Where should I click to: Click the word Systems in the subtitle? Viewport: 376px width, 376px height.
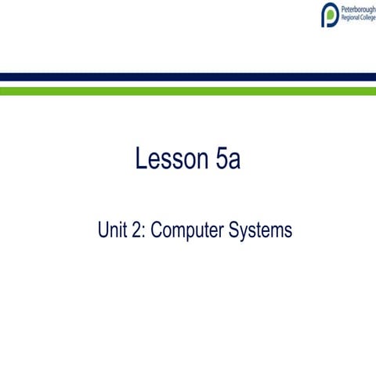point(262,232)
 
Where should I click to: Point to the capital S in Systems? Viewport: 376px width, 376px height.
point(238,231)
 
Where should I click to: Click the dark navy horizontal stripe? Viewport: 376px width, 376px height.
point(188,77)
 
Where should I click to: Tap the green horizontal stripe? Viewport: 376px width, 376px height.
point(188,91)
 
